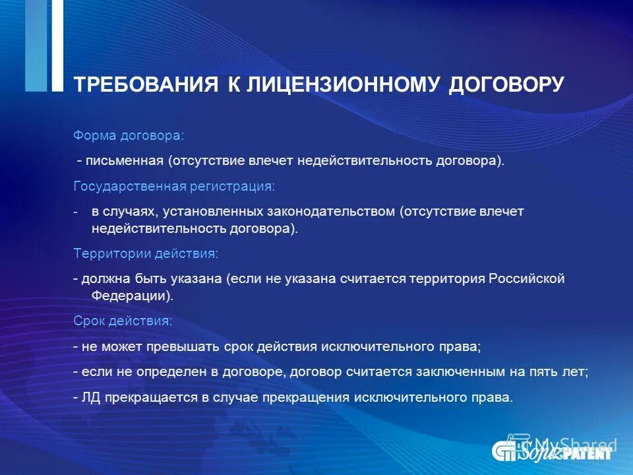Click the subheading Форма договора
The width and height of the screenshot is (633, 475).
pos(129,135)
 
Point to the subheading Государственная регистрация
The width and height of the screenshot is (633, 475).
pos(173,187)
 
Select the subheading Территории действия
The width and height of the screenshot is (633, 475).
pos(145,253)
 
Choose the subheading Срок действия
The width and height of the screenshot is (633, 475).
pos(123,321)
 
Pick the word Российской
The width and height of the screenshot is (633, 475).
pos(526,278)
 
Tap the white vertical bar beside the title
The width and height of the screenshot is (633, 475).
pos(57,45)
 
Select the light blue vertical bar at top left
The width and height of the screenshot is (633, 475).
pos(35,45)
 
